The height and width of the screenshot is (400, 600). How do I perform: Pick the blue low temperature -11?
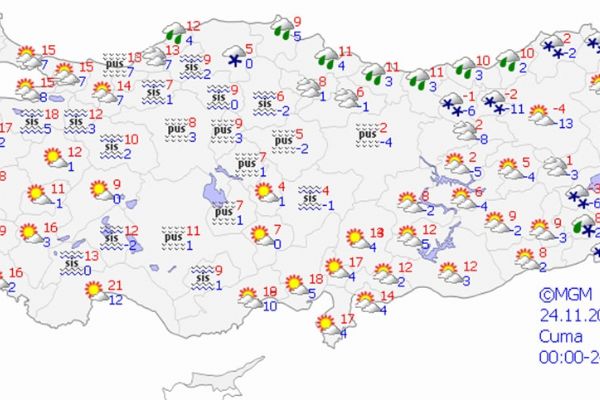pos(517,109)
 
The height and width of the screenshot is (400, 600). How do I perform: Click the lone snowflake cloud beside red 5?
pos(236,56)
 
